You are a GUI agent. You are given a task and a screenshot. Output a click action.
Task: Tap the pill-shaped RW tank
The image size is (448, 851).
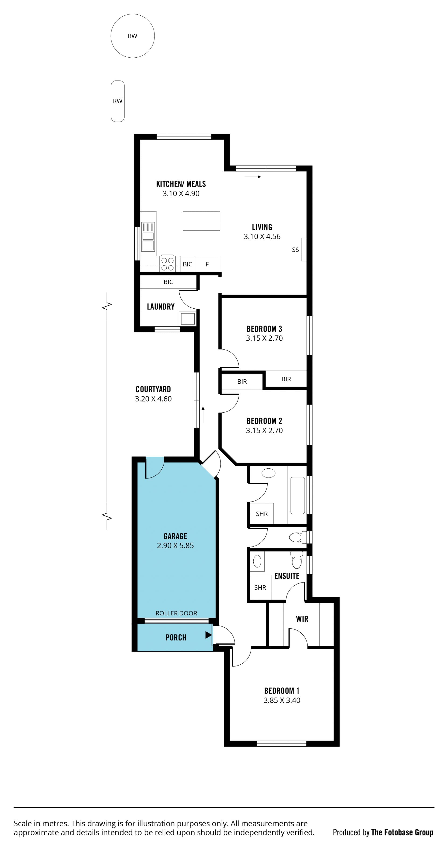pyautogui.click(x=118, y=101)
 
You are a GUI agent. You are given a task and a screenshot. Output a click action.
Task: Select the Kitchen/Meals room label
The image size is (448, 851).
pyautogui.click(x=181, y=184)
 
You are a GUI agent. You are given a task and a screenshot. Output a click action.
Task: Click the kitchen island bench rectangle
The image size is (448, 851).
pyautogui.click(x=201, y=221)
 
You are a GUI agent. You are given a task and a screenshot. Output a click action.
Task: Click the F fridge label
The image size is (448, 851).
pyautogui.click(x=207, y=264)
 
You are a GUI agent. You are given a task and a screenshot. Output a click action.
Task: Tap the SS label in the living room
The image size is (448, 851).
pyautogui.click(x=295, y=250)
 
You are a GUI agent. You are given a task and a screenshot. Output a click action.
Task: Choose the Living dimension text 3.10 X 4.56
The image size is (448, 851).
pyautogui.click(x=262, y=237)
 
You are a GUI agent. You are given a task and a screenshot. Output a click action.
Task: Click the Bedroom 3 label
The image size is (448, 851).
pyautogui.click(x=264, y=329)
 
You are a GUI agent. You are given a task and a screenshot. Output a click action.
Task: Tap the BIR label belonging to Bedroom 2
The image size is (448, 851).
pyautogui.click(x=242, y=382)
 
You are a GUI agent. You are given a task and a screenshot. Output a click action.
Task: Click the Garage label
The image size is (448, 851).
pyautogui.click(x=175, y=536)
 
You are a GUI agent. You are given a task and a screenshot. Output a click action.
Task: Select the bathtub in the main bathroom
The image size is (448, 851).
pyautogui.click(x=298, y=495)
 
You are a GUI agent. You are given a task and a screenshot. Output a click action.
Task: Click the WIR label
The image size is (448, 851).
pyautogui.click(x=302, y=619)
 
